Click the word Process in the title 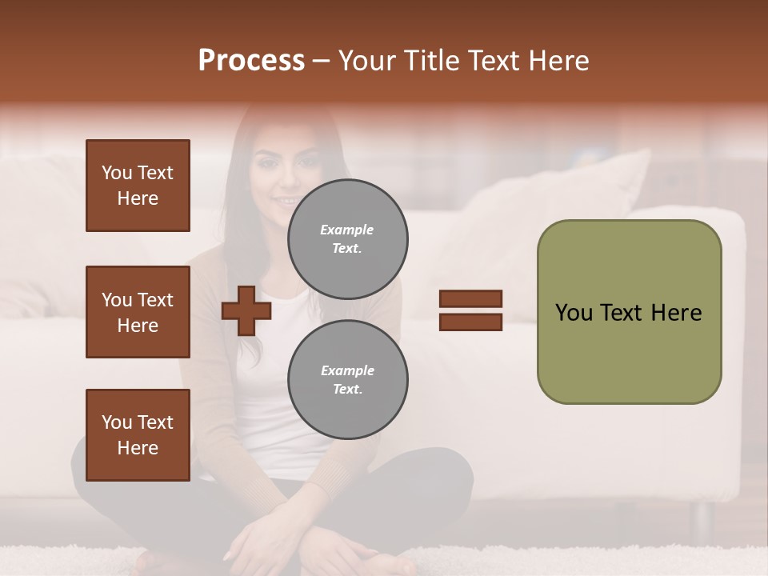[x=251, y=61]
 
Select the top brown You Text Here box [x=138, y=186]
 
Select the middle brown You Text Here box [x=138, y=312]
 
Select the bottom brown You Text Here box [x=138, y=435]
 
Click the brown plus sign [x=246, y=311]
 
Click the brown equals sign [x=470, y=310]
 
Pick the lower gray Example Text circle [x=347, y=379]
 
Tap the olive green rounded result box [x=629, y=312]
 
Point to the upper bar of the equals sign [x=470, y=299]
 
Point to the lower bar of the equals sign [x=470, y=322]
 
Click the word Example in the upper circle [x=346, y=230]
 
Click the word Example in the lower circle [x=347, y=370]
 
